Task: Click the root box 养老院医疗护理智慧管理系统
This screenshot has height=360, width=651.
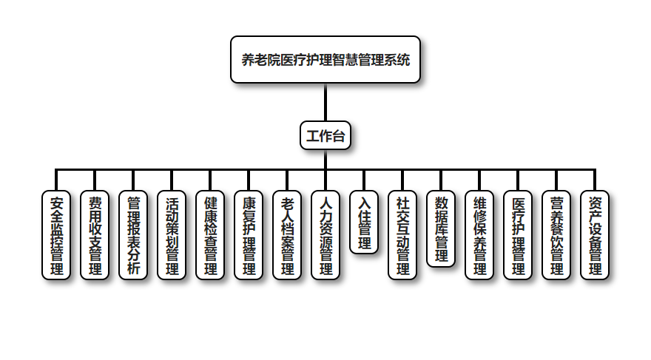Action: (325, 59)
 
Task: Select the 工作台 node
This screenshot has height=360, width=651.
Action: (325, 136)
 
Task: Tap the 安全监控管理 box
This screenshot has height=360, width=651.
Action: (56, 235)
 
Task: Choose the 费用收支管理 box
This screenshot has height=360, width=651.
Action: (95, 235)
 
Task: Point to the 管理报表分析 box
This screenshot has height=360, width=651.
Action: (133, 235)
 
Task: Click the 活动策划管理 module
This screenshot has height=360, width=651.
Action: (172, 235)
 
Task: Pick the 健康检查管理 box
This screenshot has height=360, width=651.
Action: (210, 235)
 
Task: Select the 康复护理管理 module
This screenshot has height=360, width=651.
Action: (249, 235)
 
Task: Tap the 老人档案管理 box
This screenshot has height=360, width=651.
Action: (287, 235)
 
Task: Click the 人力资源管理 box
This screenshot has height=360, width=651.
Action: (325, 235)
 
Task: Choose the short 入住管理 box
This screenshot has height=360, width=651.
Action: (364, 223)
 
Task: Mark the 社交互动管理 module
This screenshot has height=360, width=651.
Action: (402, 235)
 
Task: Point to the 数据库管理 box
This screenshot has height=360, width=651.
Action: (441, 228)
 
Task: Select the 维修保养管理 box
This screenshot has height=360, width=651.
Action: (479, 235)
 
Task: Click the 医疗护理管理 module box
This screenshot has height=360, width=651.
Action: (518, 235)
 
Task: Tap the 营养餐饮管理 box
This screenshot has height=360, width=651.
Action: (556, 235)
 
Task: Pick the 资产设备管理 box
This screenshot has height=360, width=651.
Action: (595, 235)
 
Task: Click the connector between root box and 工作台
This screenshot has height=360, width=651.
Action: (325, 103)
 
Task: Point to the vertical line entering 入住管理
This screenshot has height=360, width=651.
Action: (364, 180)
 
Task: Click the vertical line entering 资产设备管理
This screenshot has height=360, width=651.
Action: (595, 180)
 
